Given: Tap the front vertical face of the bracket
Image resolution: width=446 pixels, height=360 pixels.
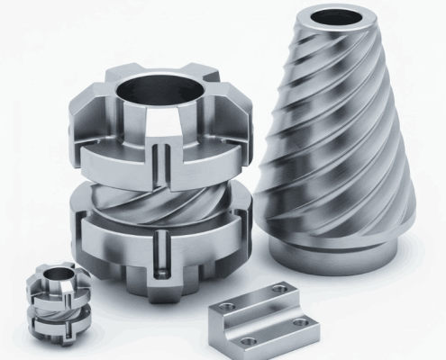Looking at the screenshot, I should tap(222, 331).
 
